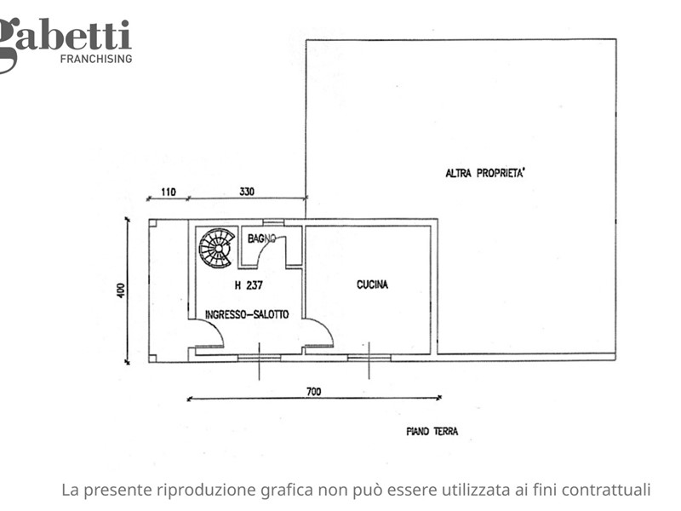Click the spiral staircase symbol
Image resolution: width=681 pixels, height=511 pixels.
(x=217, y=248)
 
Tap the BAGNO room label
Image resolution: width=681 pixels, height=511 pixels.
(x=261, y=238)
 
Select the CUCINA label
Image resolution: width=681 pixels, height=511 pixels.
(x=372, y=284)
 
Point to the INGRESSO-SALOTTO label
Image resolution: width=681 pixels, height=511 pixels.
(x=247, y=314)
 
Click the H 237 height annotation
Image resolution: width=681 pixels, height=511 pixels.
(x=249, y=285)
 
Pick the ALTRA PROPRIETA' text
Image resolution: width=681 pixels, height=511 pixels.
(x=484, y=173)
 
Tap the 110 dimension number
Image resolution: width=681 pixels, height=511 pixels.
(x=168, y=192)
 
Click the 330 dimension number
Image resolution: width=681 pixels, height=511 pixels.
(x=247, y=191)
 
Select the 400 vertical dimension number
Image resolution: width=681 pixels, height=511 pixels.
(x=121, y=290)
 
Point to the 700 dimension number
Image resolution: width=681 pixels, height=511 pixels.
(x=313, y=392)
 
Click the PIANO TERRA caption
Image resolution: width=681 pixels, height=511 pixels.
(x=432, y=432)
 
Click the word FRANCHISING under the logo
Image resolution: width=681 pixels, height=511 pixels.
(x=96, y=59)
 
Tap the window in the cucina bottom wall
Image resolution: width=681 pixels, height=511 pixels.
(x=369, y=358)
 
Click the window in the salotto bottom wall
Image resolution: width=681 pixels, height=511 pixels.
(x=260, y=358)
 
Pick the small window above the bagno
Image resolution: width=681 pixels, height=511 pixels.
(x=273, y=222)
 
